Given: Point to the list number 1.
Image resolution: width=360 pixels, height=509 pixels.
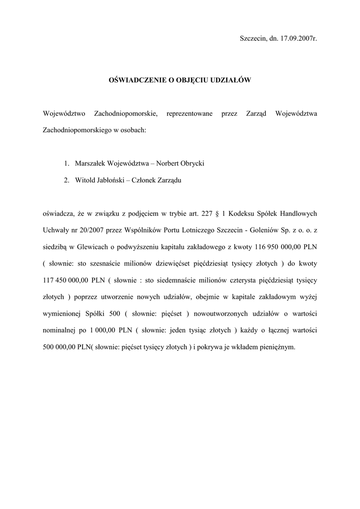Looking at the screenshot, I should [66, 163].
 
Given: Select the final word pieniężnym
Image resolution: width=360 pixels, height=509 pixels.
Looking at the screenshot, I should [277, 347].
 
